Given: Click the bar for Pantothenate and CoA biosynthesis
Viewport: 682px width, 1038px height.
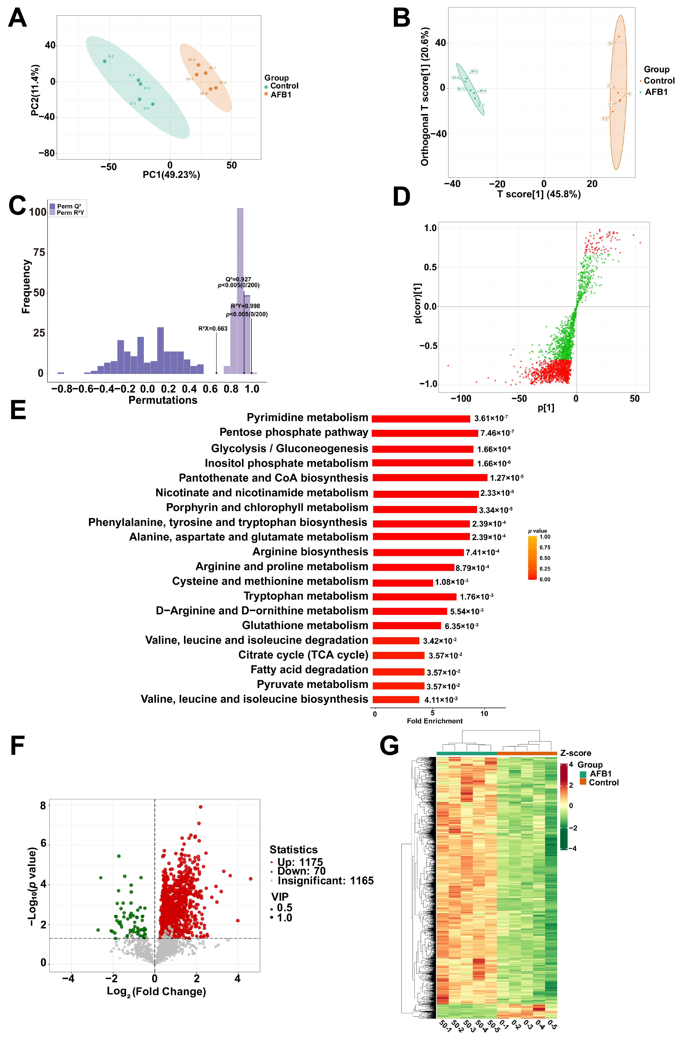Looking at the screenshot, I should (430, 478).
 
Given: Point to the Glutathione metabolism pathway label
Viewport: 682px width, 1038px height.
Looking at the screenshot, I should (305, 625).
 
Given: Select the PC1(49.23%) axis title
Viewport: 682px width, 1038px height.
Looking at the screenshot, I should (172, 175).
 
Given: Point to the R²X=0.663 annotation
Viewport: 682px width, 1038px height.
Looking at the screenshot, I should (213, 328).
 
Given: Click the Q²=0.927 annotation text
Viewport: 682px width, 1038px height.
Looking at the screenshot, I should (238, 279).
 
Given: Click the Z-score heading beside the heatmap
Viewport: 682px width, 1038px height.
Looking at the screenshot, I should (575, 753).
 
